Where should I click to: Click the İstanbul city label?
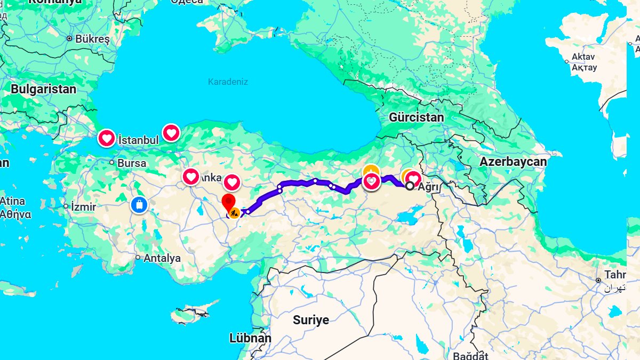[138, 140]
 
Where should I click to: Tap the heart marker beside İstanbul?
[107, 139]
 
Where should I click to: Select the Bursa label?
[131, 163]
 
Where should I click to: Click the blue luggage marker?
[139, 204]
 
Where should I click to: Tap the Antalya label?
[162, 258]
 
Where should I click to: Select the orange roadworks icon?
[234, 214]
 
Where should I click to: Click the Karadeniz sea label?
[228, 82]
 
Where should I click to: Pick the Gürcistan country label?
[416, 117]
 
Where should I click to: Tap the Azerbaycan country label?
[513, 162]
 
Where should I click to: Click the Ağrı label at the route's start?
[428, 187]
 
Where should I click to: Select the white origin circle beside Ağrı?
[410, 186]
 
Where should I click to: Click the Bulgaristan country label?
[44, 89]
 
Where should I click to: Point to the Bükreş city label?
[92, 39]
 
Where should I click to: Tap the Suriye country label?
[311, 320]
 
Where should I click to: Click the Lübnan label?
[250, 338]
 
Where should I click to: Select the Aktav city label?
[583, 57]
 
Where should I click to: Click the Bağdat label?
[470, 355]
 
